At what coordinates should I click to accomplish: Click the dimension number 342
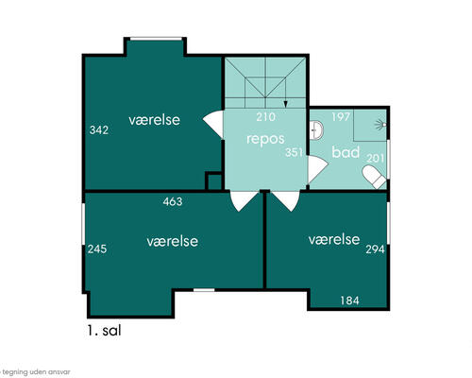point(99,129)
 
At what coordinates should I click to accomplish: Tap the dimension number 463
point(173,201)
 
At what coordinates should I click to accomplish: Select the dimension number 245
point(97,249)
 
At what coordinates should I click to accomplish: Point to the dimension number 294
point(375,249)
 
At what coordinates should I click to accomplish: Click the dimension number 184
point(349,301)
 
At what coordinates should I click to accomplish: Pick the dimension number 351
point(294,152)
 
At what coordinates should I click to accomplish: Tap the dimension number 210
point(265,117)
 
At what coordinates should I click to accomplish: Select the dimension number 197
point(341,117)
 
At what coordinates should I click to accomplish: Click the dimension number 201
point(376,158)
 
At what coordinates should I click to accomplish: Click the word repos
point(265,139)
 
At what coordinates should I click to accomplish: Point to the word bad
point(346,152)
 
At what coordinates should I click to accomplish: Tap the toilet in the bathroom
point(375,177)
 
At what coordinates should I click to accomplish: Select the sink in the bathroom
point(316,130)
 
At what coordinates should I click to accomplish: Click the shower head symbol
point(380,125)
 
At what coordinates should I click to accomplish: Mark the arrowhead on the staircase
point(286,104)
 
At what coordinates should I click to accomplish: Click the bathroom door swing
point(317,169)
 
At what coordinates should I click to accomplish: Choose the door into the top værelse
point(213,125)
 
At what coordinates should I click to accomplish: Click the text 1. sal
point(104,331)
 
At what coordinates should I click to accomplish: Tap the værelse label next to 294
point(334,240)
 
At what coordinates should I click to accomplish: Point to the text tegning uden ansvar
point(36,372)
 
